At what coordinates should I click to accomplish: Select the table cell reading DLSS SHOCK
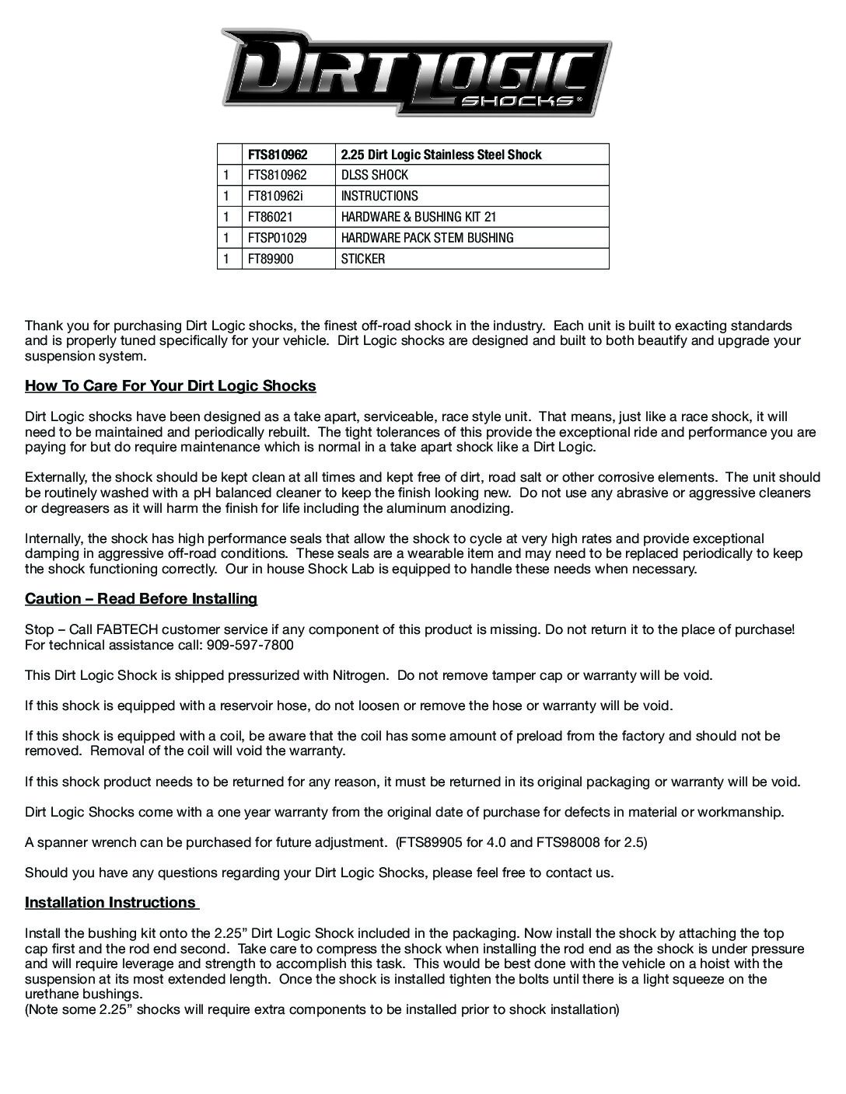[375, 175]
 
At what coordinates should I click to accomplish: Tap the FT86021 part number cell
[270, 217]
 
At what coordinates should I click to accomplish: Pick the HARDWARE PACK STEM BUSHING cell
[427, 238]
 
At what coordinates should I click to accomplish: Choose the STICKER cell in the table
[362, 259]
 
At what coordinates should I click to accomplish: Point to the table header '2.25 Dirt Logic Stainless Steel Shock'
[441, 154]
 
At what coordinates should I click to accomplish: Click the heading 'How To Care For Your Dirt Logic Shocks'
[170, 386]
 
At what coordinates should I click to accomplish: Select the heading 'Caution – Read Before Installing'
[141, 598]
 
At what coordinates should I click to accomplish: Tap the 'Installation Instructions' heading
[110, 902]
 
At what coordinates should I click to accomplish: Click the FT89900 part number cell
[271, 259]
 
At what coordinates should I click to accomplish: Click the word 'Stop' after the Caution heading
[38, 629]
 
